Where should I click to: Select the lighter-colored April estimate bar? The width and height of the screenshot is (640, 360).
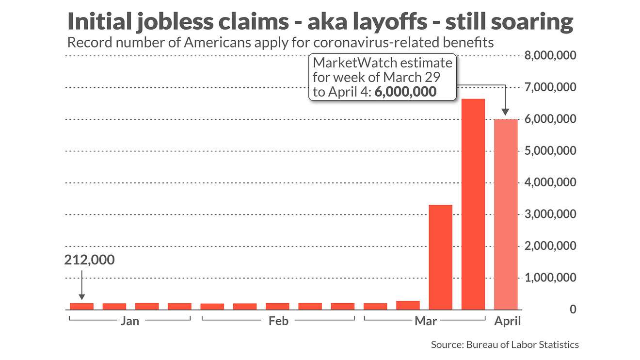[x=506, y=214]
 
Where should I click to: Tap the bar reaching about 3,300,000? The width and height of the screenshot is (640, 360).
[x=441, y=257]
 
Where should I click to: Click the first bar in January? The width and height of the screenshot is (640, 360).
[x=81, y=306]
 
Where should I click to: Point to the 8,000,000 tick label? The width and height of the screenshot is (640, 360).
[x=551, y=56]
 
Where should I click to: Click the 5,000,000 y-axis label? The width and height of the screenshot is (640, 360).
[x=551, y=151]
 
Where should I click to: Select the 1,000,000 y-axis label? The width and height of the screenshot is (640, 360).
[x=551, y=278]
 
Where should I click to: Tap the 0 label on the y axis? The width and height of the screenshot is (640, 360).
[x=573, y=310]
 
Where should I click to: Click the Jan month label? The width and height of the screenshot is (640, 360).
[x=130, y=321]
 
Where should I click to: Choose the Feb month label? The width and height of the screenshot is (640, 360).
[x=278, y=321]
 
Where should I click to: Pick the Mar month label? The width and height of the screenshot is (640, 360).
[x=425, y=321]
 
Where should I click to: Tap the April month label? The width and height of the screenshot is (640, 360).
[x=507, y=321]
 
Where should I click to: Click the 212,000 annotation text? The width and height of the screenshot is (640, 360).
[x=90, y=260]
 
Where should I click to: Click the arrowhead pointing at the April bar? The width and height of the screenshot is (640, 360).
[x=506, y=112]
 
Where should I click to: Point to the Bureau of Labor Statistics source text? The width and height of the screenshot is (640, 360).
[x=522, y=345]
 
